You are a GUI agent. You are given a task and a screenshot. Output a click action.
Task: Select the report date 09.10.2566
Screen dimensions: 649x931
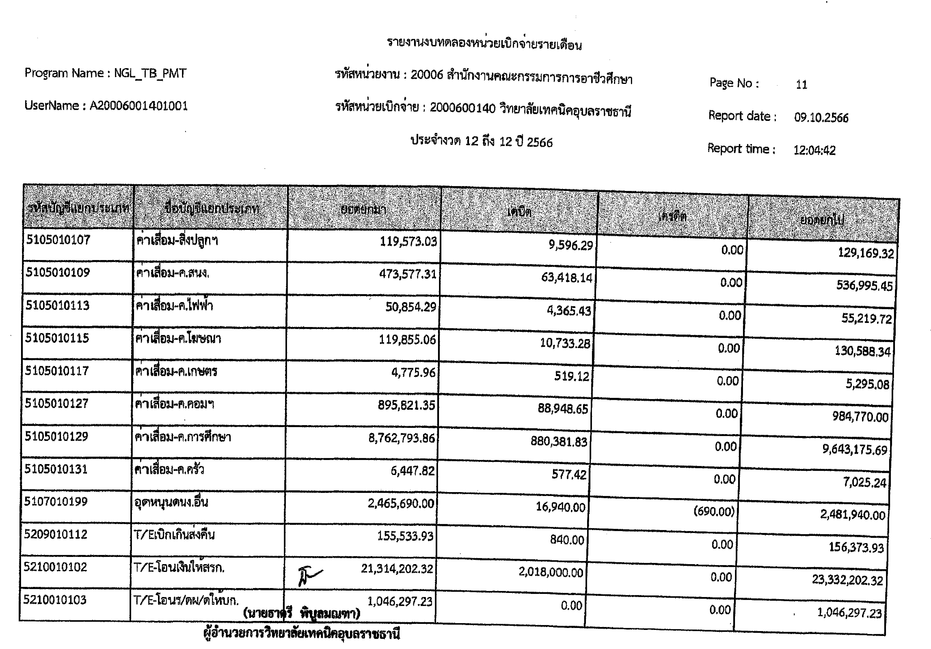click(821, 118)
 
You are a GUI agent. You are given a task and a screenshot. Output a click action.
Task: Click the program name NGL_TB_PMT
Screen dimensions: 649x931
click(150, 73)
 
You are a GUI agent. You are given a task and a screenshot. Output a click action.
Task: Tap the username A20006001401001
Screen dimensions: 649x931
click(139, 106)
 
